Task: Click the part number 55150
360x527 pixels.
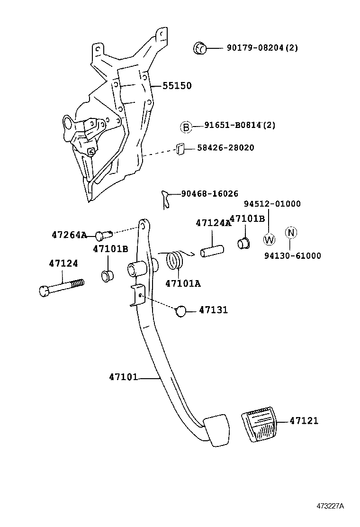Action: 177,86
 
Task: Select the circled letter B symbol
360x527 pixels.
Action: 186,127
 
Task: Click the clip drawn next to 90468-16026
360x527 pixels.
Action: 165,198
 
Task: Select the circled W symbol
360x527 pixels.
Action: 269,239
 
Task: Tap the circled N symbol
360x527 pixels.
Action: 291,233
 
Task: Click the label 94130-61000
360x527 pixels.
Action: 292,256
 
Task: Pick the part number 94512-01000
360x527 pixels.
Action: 272,204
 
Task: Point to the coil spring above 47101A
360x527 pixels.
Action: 177,260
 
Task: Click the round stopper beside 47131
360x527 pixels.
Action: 180,311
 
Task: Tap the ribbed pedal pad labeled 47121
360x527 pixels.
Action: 259,426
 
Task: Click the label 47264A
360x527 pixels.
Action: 69,235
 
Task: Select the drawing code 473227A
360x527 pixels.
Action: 330,505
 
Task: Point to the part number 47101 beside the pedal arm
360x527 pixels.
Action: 123,377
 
